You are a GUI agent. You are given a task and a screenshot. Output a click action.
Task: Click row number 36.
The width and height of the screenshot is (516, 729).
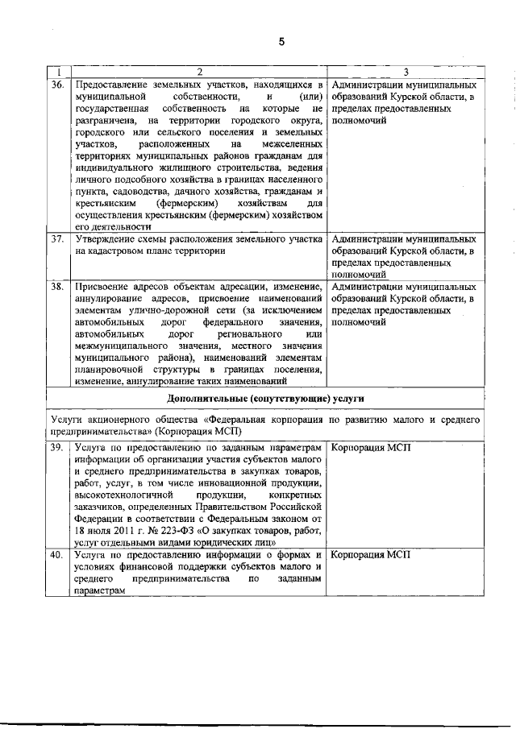[x=57, y=84]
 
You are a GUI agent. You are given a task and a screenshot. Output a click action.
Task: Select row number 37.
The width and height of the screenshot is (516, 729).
[x=57, y=239]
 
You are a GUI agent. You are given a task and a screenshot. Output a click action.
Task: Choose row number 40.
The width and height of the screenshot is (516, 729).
[x=57, y=555]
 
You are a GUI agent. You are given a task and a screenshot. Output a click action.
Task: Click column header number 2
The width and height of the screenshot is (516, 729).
[x=198, y=72]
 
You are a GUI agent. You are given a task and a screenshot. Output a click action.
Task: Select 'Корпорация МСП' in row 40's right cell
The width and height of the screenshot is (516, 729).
[x=372, y=555]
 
